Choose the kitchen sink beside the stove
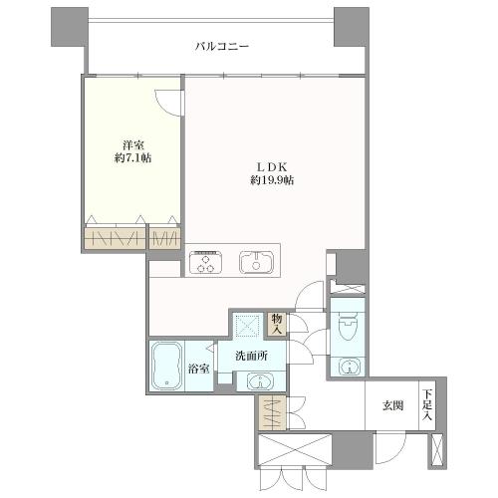[256, 263]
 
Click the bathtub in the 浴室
[165, 367]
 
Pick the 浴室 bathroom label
[200, 369]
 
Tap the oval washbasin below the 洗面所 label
[257, 381]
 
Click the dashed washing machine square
[245, 324]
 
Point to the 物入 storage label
[277, 324]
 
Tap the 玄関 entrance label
[392, 406]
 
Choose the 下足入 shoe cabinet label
[426, 405]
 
